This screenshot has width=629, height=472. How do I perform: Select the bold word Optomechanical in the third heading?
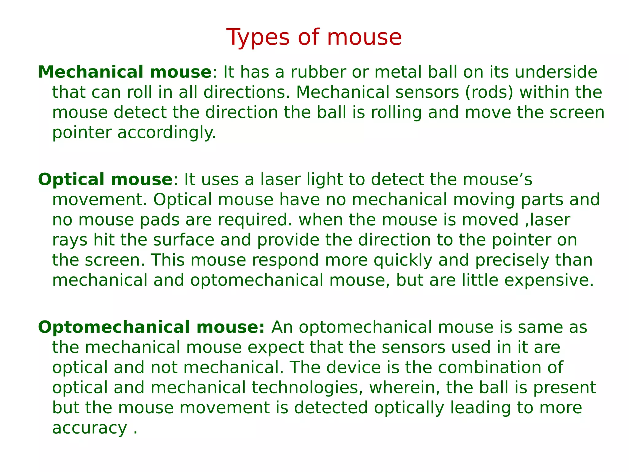113,327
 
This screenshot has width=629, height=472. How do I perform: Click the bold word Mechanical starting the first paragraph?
90,72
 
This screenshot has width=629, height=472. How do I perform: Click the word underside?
556,72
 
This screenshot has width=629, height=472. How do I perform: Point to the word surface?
184,240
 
